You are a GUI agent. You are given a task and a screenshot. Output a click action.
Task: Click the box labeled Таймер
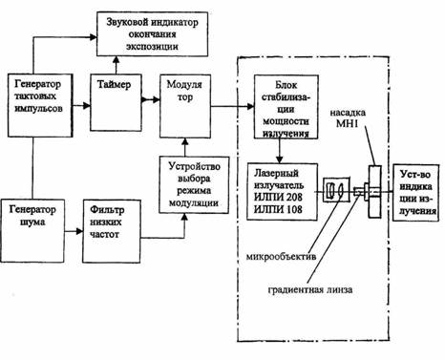tap(116, 102)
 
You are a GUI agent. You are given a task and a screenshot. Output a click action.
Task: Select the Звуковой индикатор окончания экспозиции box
tap(153, 34)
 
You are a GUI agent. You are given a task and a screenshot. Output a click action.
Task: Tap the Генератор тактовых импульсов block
tap(40, 105)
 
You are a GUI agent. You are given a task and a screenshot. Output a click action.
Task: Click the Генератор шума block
tap(32, 231)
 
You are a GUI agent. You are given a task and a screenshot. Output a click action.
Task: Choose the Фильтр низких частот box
tap(112, 231)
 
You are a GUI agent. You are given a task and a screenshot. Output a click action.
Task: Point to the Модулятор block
tap(185, 106)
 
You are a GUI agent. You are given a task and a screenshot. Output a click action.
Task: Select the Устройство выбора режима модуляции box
tap(194, 185)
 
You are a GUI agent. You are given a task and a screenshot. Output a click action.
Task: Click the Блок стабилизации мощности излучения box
tap(286, 107)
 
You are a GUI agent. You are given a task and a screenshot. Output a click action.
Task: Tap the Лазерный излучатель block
tap(283, 192)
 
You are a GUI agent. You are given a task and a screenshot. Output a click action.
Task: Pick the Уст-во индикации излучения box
tap(418, 193)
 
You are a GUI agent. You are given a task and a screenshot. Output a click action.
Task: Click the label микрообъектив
tap(281, 256)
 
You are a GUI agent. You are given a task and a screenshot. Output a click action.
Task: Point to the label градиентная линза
tap(310, 290)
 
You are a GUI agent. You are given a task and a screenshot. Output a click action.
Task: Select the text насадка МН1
tap(348, 118)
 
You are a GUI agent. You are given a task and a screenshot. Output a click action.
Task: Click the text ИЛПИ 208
tap(278, 198)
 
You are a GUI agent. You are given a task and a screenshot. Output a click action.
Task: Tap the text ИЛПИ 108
tap(278, 209)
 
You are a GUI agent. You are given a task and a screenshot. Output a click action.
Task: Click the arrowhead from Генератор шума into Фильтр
tap(79, 231)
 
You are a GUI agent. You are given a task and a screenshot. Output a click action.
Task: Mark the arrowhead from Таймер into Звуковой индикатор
tap(116, 60)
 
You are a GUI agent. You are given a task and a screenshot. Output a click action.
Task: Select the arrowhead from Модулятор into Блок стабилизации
tap(250, 106)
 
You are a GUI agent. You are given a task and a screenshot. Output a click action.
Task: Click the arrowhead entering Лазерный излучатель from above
tap(280, 160)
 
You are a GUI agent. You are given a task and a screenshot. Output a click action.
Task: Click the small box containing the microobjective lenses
tap(336, 190)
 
